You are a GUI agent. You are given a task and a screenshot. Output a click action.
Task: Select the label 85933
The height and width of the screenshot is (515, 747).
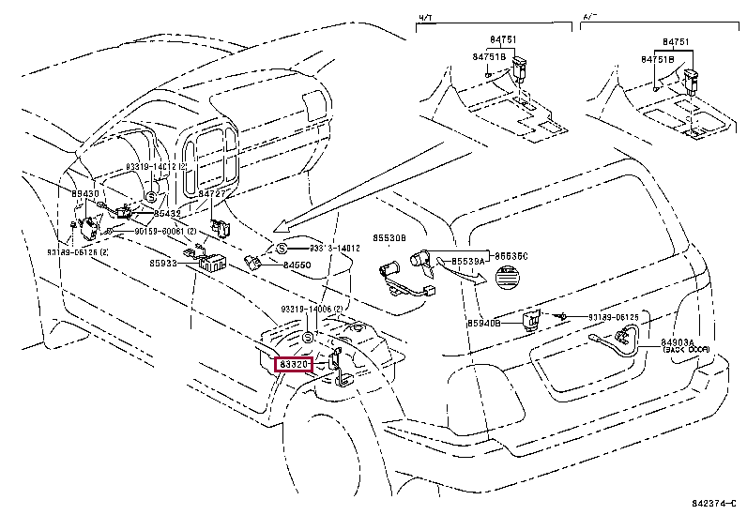163,265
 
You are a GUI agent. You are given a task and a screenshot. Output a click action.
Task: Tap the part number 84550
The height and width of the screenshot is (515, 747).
297,265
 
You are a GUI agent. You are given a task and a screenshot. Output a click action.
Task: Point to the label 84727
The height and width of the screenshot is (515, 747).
212,194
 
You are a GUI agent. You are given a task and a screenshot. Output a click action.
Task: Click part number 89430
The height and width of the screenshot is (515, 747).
84,194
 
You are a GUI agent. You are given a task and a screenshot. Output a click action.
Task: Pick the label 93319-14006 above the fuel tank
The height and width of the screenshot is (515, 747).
313,309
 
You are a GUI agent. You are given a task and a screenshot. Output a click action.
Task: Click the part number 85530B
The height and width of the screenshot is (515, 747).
389,239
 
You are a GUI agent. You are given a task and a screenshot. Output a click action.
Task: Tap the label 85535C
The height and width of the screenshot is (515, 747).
511,256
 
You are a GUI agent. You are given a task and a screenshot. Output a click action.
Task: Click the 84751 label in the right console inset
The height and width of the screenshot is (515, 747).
677,42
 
